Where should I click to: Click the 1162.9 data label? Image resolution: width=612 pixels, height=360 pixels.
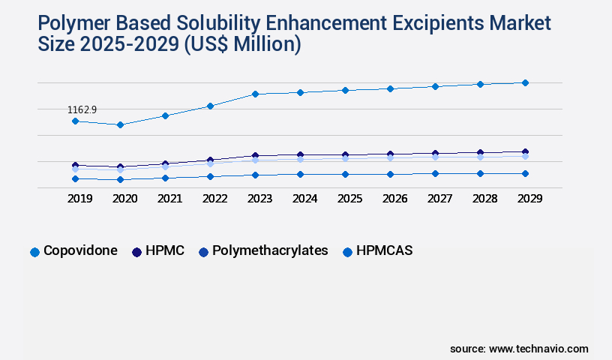click(x=82, y=109)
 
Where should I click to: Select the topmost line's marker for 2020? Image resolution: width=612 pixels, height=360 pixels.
click(x=120, y=124)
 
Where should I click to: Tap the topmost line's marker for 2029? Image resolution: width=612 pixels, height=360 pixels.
click(x=525, y=82)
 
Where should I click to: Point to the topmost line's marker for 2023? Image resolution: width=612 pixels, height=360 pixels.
click(x=255, y=94)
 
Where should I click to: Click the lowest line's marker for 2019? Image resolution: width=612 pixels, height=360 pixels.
click(x=75, y=178)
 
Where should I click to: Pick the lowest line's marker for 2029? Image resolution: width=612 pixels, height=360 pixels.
click(x=525, y=173)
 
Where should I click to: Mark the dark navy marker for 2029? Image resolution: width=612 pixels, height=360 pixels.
click(x=525, y=152)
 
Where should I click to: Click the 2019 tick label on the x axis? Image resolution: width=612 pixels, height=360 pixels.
click(x=79, y=199)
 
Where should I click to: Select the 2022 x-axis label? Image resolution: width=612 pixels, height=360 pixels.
click(x=214, y=199)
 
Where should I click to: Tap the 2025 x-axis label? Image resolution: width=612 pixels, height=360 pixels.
click(x=349, y=199)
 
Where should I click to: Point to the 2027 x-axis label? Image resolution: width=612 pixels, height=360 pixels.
click(x=439, y=199)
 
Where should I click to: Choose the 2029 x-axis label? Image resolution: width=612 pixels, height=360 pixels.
click(x=529, y=199)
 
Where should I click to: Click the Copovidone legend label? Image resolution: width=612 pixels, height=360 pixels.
click(x=80, y=250)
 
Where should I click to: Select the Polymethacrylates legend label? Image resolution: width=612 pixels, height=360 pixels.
click(x=270, y=250)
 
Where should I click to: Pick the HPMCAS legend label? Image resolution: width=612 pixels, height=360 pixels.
click(x=384, y=250)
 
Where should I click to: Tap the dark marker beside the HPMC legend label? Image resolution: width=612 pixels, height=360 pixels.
click(x=136, y=252)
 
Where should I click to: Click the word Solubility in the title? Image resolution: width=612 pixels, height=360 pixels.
click(x=223, y=24)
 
